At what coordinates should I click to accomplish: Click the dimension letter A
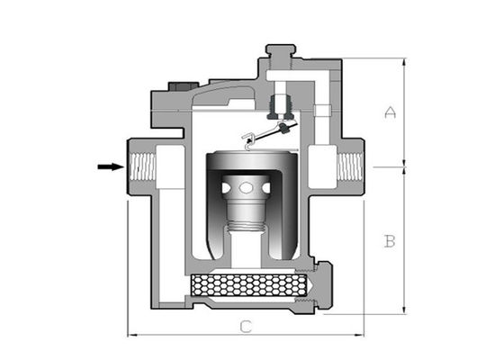pyautogui.click(x=390, y=112)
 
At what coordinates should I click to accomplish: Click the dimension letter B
pyautogui.click(x=390, y=241)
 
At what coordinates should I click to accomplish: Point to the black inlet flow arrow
pyautogui.click(x=109, y=166)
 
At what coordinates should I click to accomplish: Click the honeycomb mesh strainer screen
pyautogui.click(x=252, y=287)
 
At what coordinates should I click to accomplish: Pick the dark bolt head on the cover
pyautogui.click(x=177, y=89)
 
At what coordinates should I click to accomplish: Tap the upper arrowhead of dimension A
pyautogui.click(x=403, y=61)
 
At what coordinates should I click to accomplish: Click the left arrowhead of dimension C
pyautogui.click(x=130, y=336)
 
